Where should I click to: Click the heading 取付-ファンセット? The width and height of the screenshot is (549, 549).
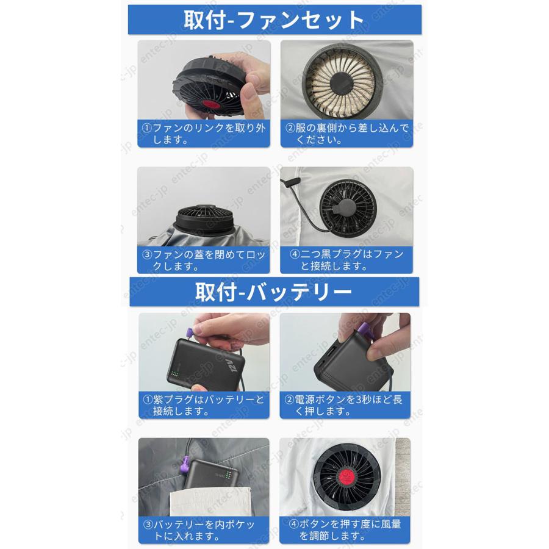(x=274, y=20)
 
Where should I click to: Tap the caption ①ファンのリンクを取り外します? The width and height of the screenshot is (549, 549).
(x=203, y=134)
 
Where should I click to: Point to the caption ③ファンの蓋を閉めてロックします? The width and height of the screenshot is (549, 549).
(x=203, y=260)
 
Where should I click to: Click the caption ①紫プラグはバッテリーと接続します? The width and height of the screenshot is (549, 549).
(x=204, y=406)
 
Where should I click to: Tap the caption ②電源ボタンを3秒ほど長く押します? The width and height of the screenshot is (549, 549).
(x=345, y=406)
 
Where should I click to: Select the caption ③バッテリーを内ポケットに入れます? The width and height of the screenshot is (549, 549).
(x=204, y=530)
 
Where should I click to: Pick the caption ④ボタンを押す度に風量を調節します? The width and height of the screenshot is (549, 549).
(x=345, y=530)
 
